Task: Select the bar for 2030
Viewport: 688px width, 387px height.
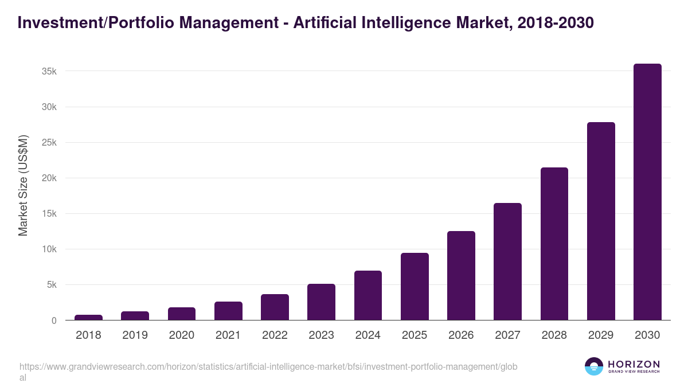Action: (647, 192)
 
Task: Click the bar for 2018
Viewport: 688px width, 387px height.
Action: (88, 317)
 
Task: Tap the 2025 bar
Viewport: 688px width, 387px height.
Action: (415, 287)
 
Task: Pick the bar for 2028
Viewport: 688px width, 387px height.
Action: (554, 244)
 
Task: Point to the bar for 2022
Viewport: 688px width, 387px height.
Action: (275, 307)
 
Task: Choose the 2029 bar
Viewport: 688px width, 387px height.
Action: (601, 221)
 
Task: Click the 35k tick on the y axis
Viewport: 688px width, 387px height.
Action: (49, 72)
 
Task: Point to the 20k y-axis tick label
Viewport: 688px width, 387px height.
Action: (49, 178)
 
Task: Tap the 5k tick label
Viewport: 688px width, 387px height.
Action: (51, 285)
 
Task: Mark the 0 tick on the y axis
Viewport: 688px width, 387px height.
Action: (54, 320)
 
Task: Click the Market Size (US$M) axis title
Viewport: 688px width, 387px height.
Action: (23, 186)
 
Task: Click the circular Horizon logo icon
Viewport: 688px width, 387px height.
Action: (594, 366)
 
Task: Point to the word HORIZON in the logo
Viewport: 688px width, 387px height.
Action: (634, 364)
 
